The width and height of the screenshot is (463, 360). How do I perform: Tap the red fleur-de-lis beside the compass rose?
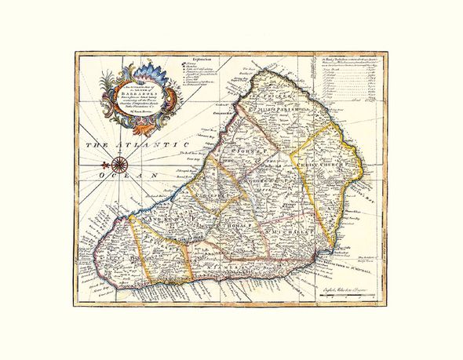tap(104, 164)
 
